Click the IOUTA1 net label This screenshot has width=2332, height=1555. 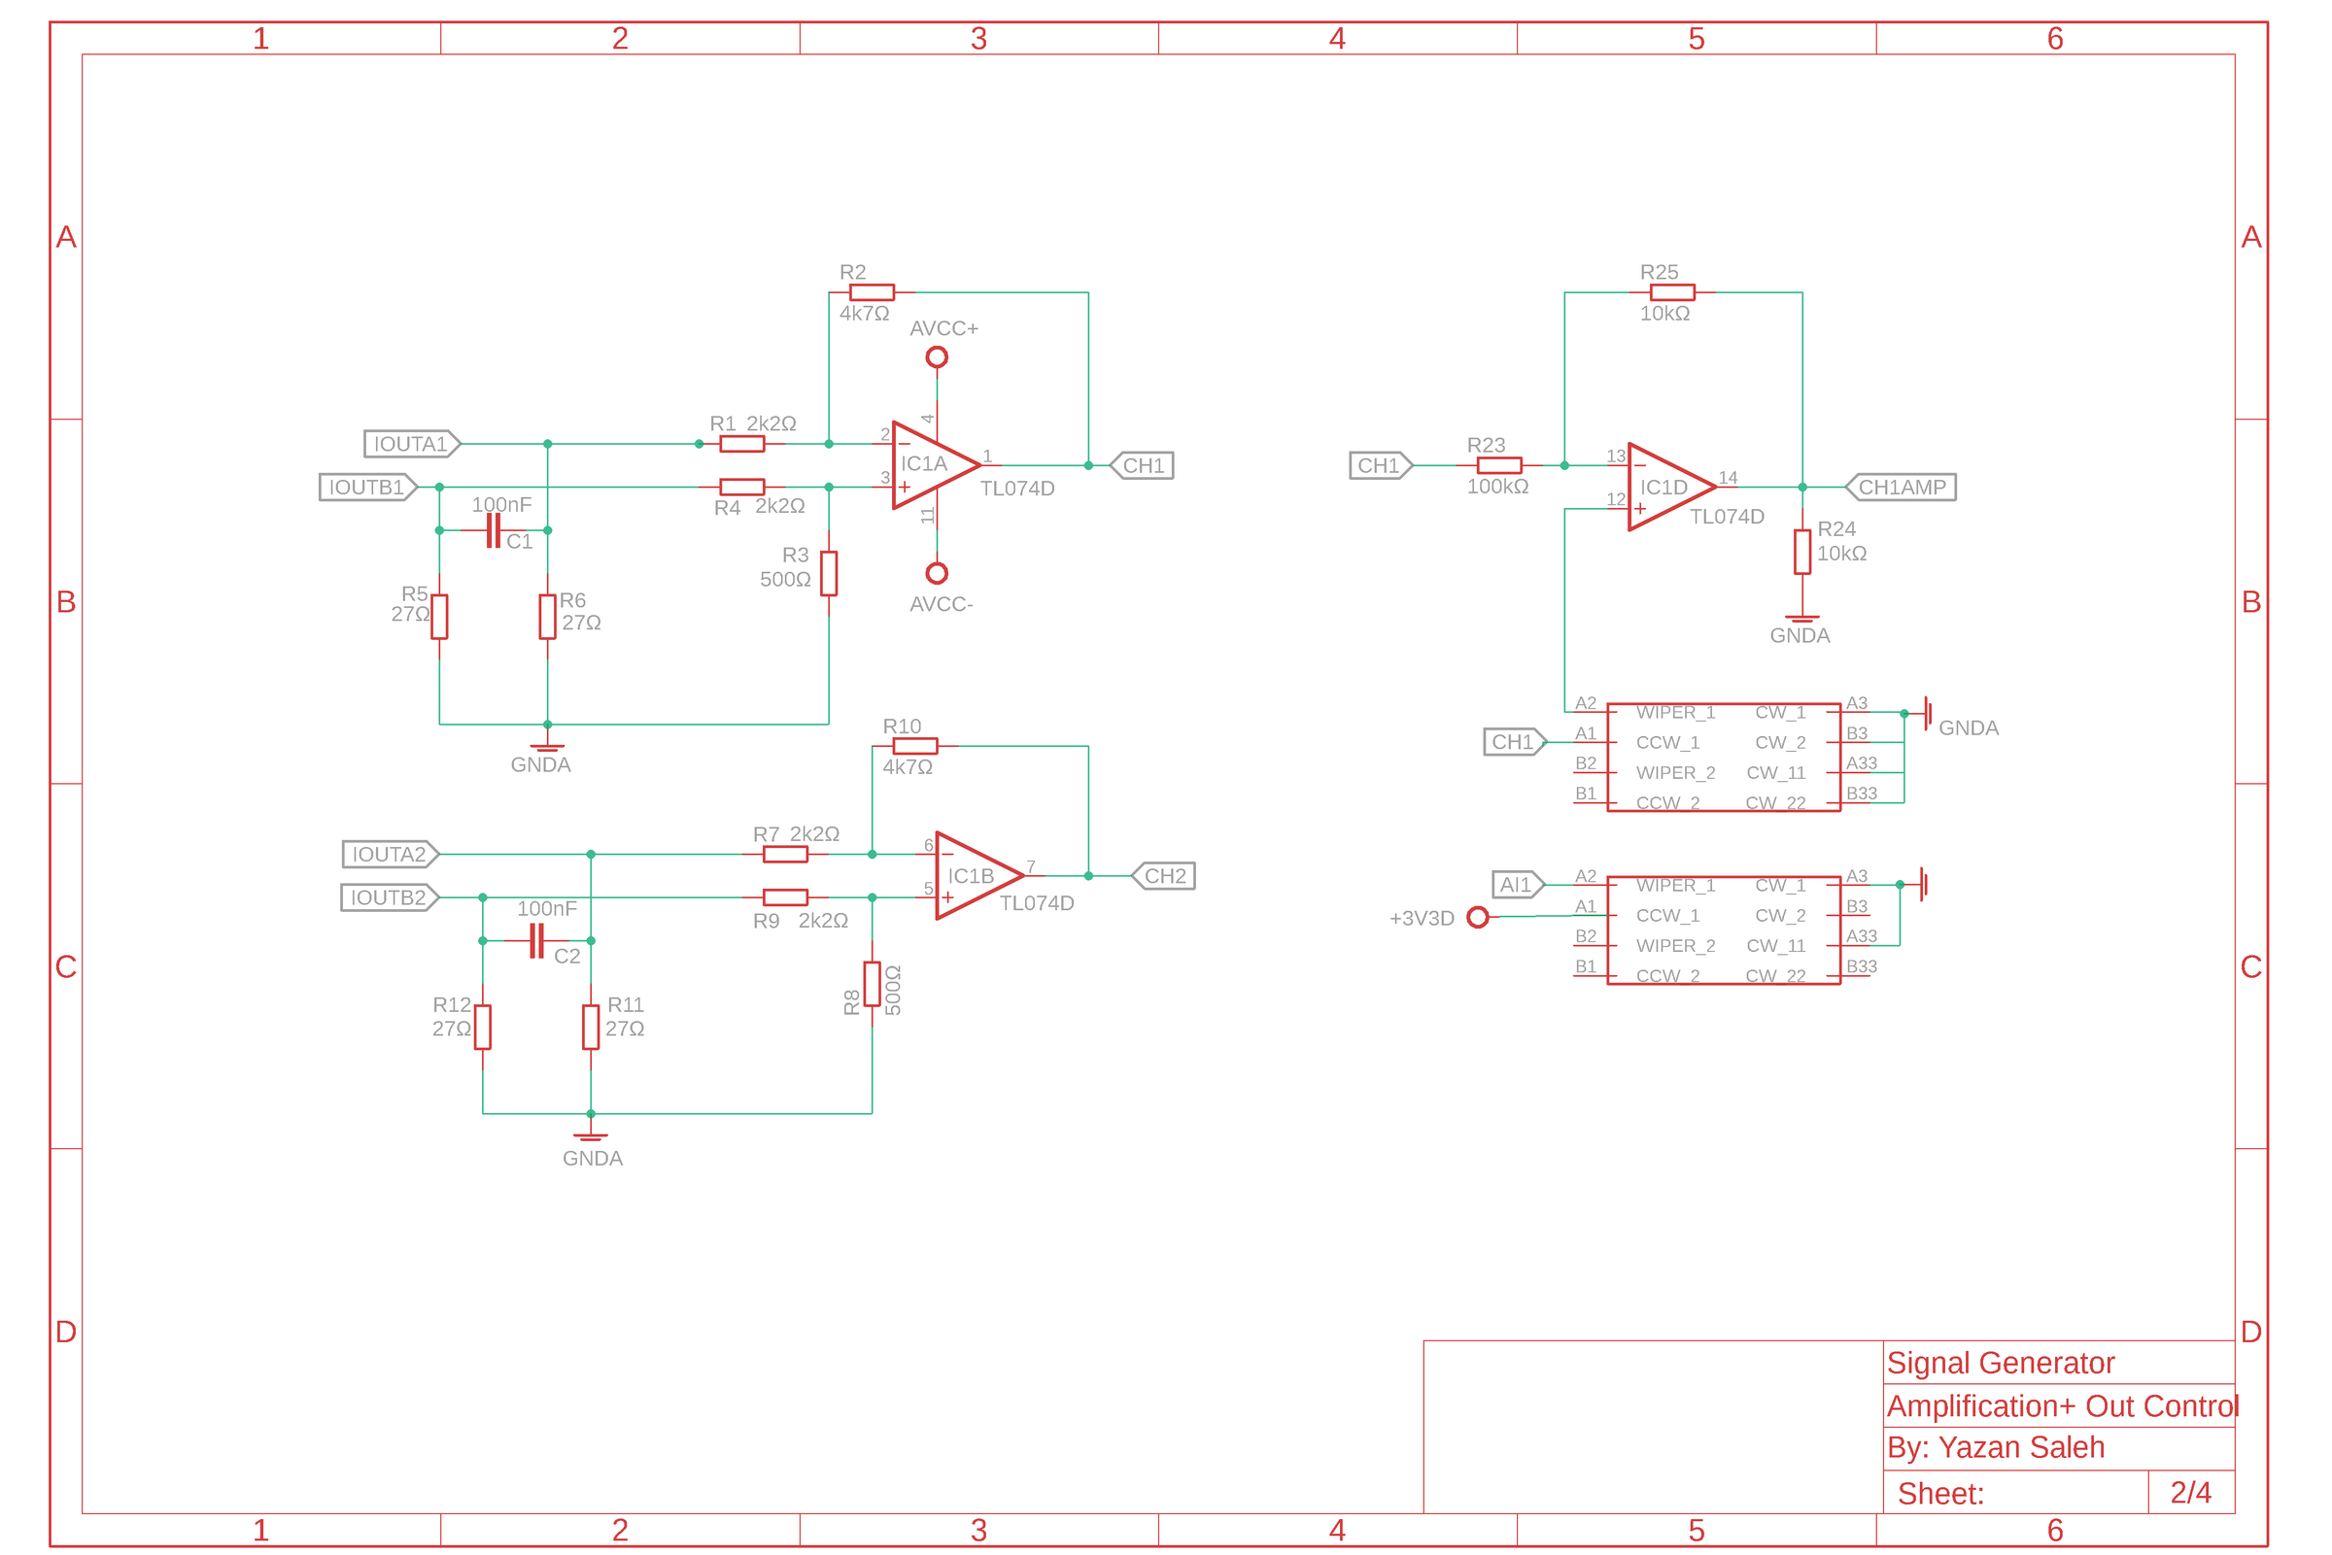tap(412, 444)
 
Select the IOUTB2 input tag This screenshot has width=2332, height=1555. tap(389, 898)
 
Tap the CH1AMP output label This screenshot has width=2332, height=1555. tap(1902, 488)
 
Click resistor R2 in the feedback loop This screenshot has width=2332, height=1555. tap(872, 292)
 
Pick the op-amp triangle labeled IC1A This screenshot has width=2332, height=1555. tap(931, 465)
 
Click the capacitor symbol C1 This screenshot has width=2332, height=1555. tap(493, 530)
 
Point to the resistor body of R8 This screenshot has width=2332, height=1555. tap(872, 985)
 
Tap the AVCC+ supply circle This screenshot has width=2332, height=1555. tap(937, 358)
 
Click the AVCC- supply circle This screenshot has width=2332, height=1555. tap(937, 573)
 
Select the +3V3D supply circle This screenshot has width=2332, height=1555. tap(1478, 918)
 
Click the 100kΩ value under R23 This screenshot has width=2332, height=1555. tap(1497, 487)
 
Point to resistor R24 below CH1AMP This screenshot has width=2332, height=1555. tap(1802, 553)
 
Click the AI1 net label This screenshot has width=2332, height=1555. tap(1517, 885)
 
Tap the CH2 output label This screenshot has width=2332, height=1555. tap(1164, 877)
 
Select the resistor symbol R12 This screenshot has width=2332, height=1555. tap(483, 1028)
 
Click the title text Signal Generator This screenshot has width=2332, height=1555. tap(2000, 1364)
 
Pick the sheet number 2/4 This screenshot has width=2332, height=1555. tap(2190, 1493)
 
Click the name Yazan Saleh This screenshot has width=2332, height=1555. tap(2020, 1448)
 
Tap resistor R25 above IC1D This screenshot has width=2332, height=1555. tap(1672, 292)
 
